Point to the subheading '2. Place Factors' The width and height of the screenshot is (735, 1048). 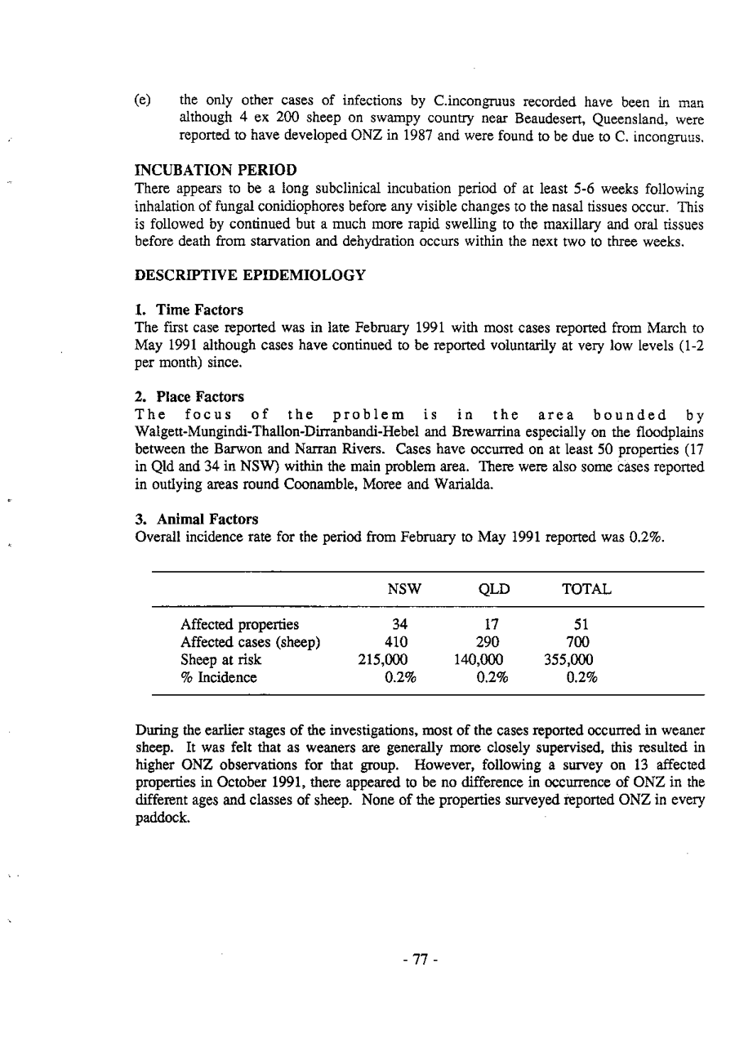click(x=189, y=396)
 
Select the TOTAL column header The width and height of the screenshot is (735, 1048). click(x=586, y=589)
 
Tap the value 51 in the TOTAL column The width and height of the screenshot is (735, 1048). click(x=581, y=626)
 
